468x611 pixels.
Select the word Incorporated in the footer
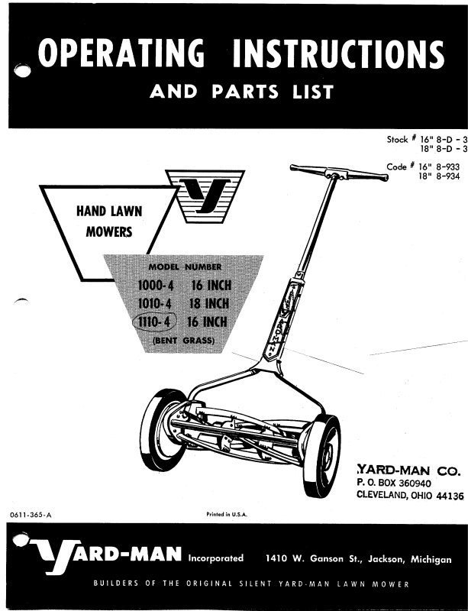point(216,559)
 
